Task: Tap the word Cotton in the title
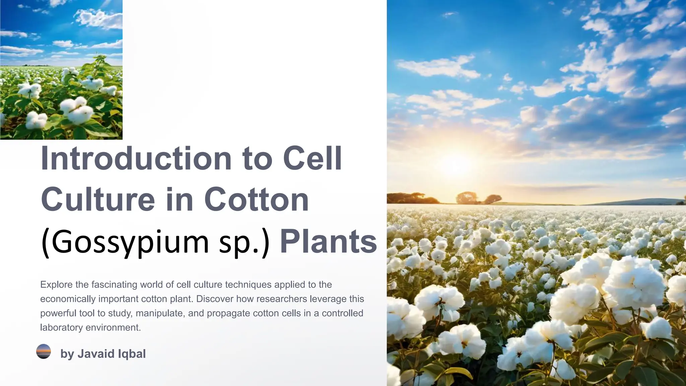tap(256, 200)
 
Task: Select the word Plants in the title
tap(328, 241)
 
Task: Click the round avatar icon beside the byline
tap(44, 351)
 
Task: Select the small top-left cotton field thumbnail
tap(61, 70)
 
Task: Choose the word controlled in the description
tap(342, 313)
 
